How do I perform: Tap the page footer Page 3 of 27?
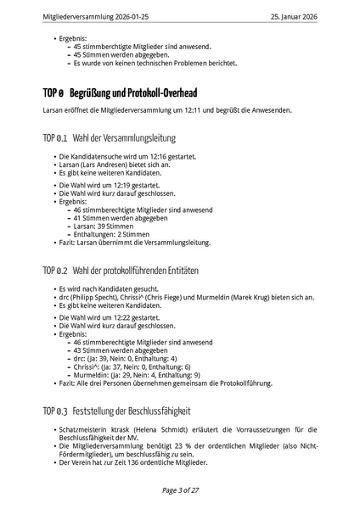pos(180,489)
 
